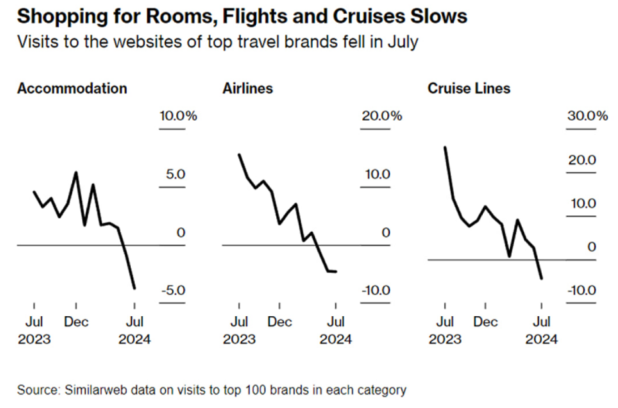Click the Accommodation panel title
[72, 88]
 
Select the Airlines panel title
[248, 88]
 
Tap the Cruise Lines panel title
[469, 88]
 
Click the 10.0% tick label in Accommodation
[178, 116]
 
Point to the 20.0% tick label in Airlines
[382, 116]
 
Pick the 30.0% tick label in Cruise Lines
[588, 116]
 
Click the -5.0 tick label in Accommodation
[173, 290]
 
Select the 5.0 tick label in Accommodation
[175, 174]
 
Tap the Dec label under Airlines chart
[280, 322]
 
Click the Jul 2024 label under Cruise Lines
[541, 330]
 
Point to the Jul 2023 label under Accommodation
[35, 330]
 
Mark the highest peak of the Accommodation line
[76, 172]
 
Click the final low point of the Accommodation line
[135, 288]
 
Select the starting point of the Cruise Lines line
[445, 147]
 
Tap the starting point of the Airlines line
[239, 154]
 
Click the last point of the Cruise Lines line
[541, 279]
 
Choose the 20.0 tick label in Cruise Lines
[582, 160]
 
